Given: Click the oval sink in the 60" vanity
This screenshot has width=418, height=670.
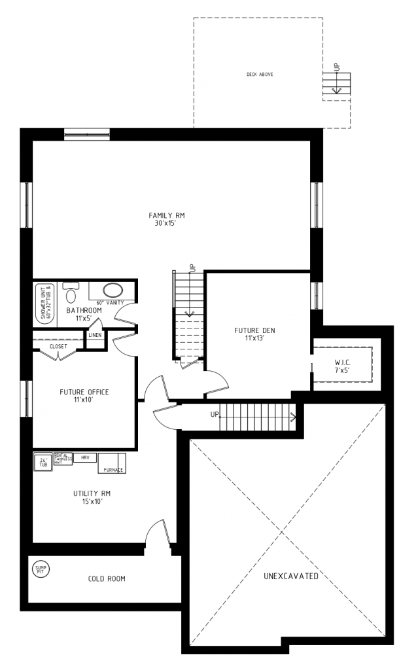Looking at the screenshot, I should [113, 291].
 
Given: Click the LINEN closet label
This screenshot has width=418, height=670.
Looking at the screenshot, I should [95, 336].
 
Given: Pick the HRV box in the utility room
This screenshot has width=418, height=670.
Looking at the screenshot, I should [84, 457].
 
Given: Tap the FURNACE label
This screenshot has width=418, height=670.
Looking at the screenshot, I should [111, 469].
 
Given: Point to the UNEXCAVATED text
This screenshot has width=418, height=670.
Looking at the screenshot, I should [291, 576].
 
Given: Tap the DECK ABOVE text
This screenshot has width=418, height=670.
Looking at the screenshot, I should [260, 74].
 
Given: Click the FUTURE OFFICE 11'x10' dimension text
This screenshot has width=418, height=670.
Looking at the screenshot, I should [84, 399].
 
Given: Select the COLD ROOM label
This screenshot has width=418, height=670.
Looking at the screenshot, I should [107, 578].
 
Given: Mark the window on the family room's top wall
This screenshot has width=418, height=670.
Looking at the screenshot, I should [86, 134].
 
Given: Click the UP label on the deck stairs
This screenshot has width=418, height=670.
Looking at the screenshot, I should [337, 67].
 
